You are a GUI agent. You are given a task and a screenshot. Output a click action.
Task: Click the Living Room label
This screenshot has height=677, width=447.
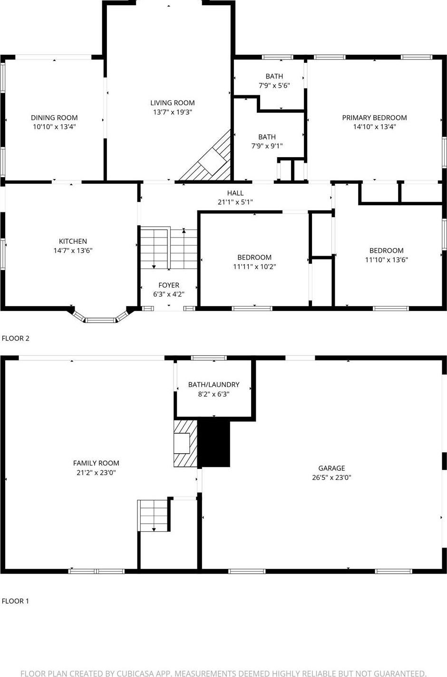[172, 103]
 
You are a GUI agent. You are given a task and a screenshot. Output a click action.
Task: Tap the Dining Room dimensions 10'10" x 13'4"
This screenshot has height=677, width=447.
[54, 127]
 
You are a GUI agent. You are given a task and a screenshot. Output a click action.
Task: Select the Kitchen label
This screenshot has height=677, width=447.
[73, 241]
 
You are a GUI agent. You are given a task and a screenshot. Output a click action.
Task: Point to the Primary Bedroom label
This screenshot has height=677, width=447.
[374, 118]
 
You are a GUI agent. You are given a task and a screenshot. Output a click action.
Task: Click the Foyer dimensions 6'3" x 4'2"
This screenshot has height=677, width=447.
[168, 295]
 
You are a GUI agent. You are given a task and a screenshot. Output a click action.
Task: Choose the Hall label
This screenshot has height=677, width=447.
[235, 193]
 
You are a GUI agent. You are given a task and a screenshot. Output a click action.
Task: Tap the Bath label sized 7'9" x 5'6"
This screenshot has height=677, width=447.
[274, 76]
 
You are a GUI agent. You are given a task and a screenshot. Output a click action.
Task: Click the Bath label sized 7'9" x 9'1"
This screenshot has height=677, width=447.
[267, 137]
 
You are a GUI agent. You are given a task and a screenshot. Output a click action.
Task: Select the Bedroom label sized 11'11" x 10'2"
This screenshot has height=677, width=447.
[254, 258]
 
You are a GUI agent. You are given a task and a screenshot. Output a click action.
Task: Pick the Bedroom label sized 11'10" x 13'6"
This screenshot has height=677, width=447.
[386, 250]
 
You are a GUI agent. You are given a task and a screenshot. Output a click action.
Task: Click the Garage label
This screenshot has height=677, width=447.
[331, 468]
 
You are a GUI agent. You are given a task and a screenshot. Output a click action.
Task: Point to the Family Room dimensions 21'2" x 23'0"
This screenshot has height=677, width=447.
[96, 473]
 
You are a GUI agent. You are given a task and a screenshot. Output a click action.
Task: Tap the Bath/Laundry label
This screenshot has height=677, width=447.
[214, 385]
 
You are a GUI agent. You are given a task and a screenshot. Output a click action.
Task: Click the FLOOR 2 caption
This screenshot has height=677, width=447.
[16, 338]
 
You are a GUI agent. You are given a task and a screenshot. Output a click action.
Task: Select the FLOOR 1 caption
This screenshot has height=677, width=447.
[16, 601]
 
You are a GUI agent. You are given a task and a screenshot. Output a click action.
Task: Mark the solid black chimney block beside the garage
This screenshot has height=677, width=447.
[214, 443]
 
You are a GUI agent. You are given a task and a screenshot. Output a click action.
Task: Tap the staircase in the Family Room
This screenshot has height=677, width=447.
[154, 515]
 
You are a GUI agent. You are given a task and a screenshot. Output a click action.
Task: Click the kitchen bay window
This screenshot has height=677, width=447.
[100, 319]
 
